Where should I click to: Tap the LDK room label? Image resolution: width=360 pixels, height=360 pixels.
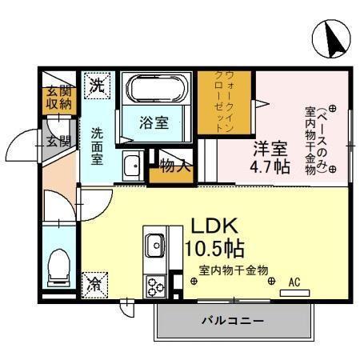(x=214, y=224)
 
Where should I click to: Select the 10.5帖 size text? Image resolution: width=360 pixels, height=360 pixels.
(x=215, y=246)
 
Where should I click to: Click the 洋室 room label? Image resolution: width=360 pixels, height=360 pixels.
(x=270, y=148)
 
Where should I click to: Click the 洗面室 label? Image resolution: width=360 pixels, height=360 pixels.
(x=97, y=146)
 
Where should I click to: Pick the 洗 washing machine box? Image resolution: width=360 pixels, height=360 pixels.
(x=97, y=86)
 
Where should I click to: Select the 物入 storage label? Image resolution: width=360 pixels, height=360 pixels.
(x=175, y=166)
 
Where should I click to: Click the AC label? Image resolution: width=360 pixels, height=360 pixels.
(x=294, y=282)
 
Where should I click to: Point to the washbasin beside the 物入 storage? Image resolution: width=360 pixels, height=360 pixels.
(x=132, y=166)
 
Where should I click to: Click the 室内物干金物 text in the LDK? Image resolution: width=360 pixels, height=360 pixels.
(x=234, y=270)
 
